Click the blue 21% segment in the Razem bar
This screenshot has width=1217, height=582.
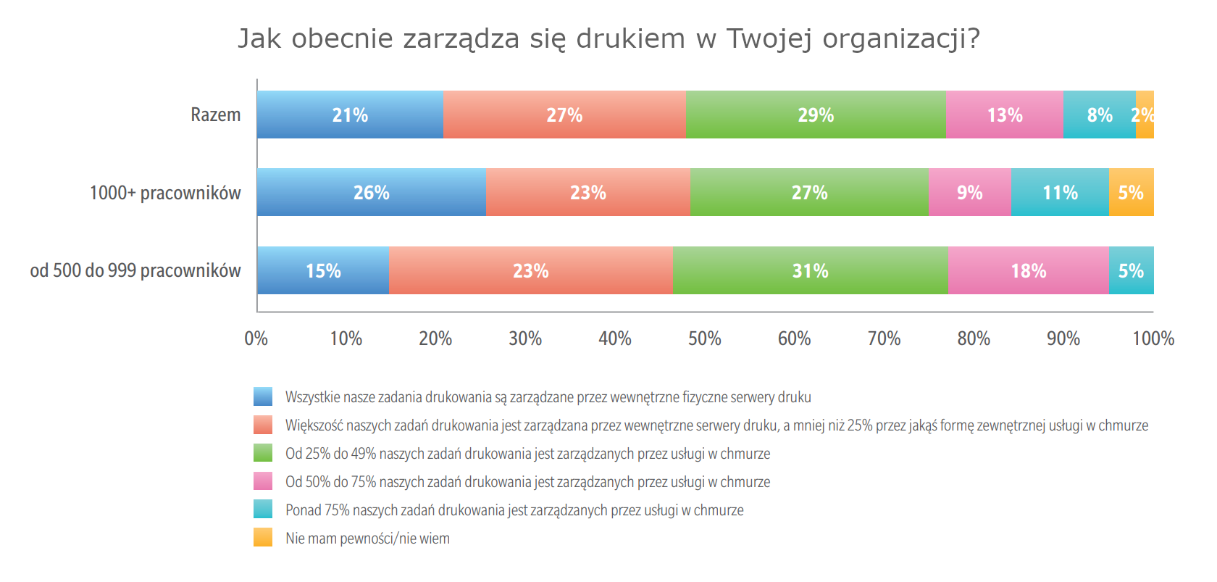point(350,115)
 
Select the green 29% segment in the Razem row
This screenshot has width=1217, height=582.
point(816,115)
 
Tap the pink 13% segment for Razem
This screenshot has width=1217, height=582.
point(1004,115)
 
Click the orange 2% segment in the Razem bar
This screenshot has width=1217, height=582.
point(1145,115)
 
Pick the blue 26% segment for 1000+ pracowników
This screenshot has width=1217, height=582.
point(371,192)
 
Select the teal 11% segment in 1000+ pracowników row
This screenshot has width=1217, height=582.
point(1059,192)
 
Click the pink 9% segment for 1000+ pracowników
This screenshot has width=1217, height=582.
point(969,192)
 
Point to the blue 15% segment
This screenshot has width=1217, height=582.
point(323,270)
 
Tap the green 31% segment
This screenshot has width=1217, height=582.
point(810,270)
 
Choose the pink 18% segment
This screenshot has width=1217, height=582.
point(1028,270)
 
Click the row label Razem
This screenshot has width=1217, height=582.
point(215,115)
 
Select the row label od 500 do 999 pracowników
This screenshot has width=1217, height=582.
point(135,270)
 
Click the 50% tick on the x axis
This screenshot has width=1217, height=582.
point(704,338)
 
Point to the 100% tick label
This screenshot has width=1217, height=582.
point(1153,338)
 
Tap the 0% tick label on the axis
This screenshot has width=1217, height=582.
point(256,338)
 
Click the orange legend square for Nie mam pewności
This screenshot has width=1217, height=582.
point(263,537)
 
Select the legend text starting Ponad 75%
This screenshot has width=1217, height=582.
point(514,510)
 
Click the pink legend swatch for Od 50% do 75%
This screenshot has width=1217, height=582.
point(263,481)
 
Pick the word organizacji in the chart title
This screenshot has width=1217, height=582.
point(900,38)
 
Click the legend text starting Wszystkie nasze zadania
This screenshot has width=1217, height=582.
point(548,397)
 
